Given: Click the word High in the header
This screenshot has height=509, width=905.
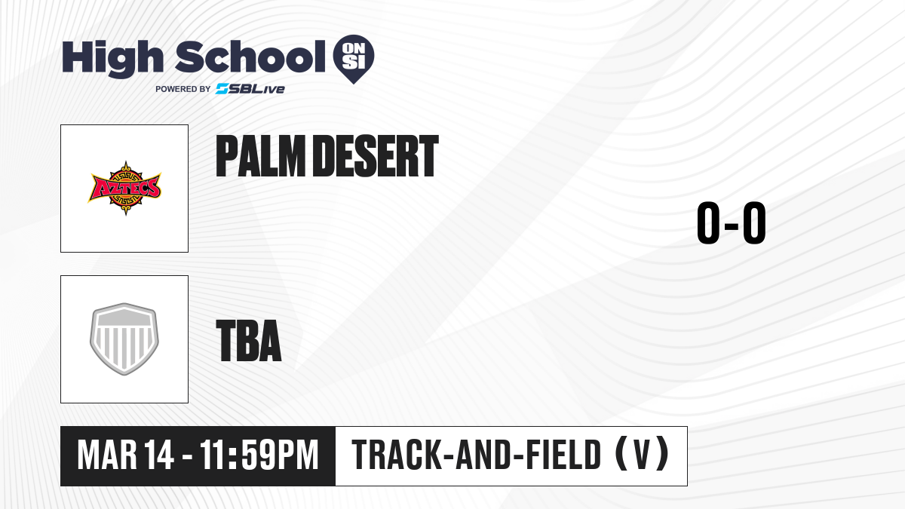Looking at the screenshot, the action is coord(112,58).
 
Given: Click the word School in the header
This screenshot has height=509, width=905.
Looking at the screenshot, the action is coord(250,57).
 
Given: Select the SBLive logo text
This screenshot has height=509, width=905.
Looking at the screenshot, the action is coord(250,89).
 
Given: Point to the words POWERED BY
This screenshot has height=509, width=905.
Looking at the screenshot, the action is coord(183,89).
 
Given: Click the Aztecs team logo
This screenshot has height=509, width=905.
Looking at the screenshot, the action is coord(125,189).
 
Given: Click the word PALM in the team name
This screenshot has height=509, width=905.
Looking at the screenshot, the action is coord(261,156).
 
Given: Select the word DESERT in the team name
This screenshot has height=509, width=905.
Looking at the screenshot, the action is coord(376,156).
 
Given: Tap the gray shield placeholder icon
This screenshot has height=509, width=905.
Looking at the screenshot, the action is coord(124,339).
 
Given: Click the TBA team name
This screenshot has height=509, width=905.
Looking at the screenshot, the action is coord(249,341).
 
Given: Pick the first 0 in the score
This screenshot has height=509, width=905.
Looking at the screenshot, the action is coord(709,222).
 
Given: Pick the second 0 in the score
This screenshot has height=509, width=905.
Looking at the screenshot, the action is coord(754,222).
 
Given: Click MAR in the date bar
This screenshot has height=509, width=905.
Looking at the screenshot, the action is coord(107,455).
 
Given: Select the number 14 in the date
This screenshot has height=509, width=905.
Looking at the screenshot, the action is coord(159,455).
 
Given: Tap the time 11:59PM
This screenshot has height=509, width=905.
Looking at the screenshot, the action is coord(259,455).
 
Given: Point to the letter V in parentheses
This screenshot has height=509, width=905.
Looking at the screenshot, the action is coord(641,455).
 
